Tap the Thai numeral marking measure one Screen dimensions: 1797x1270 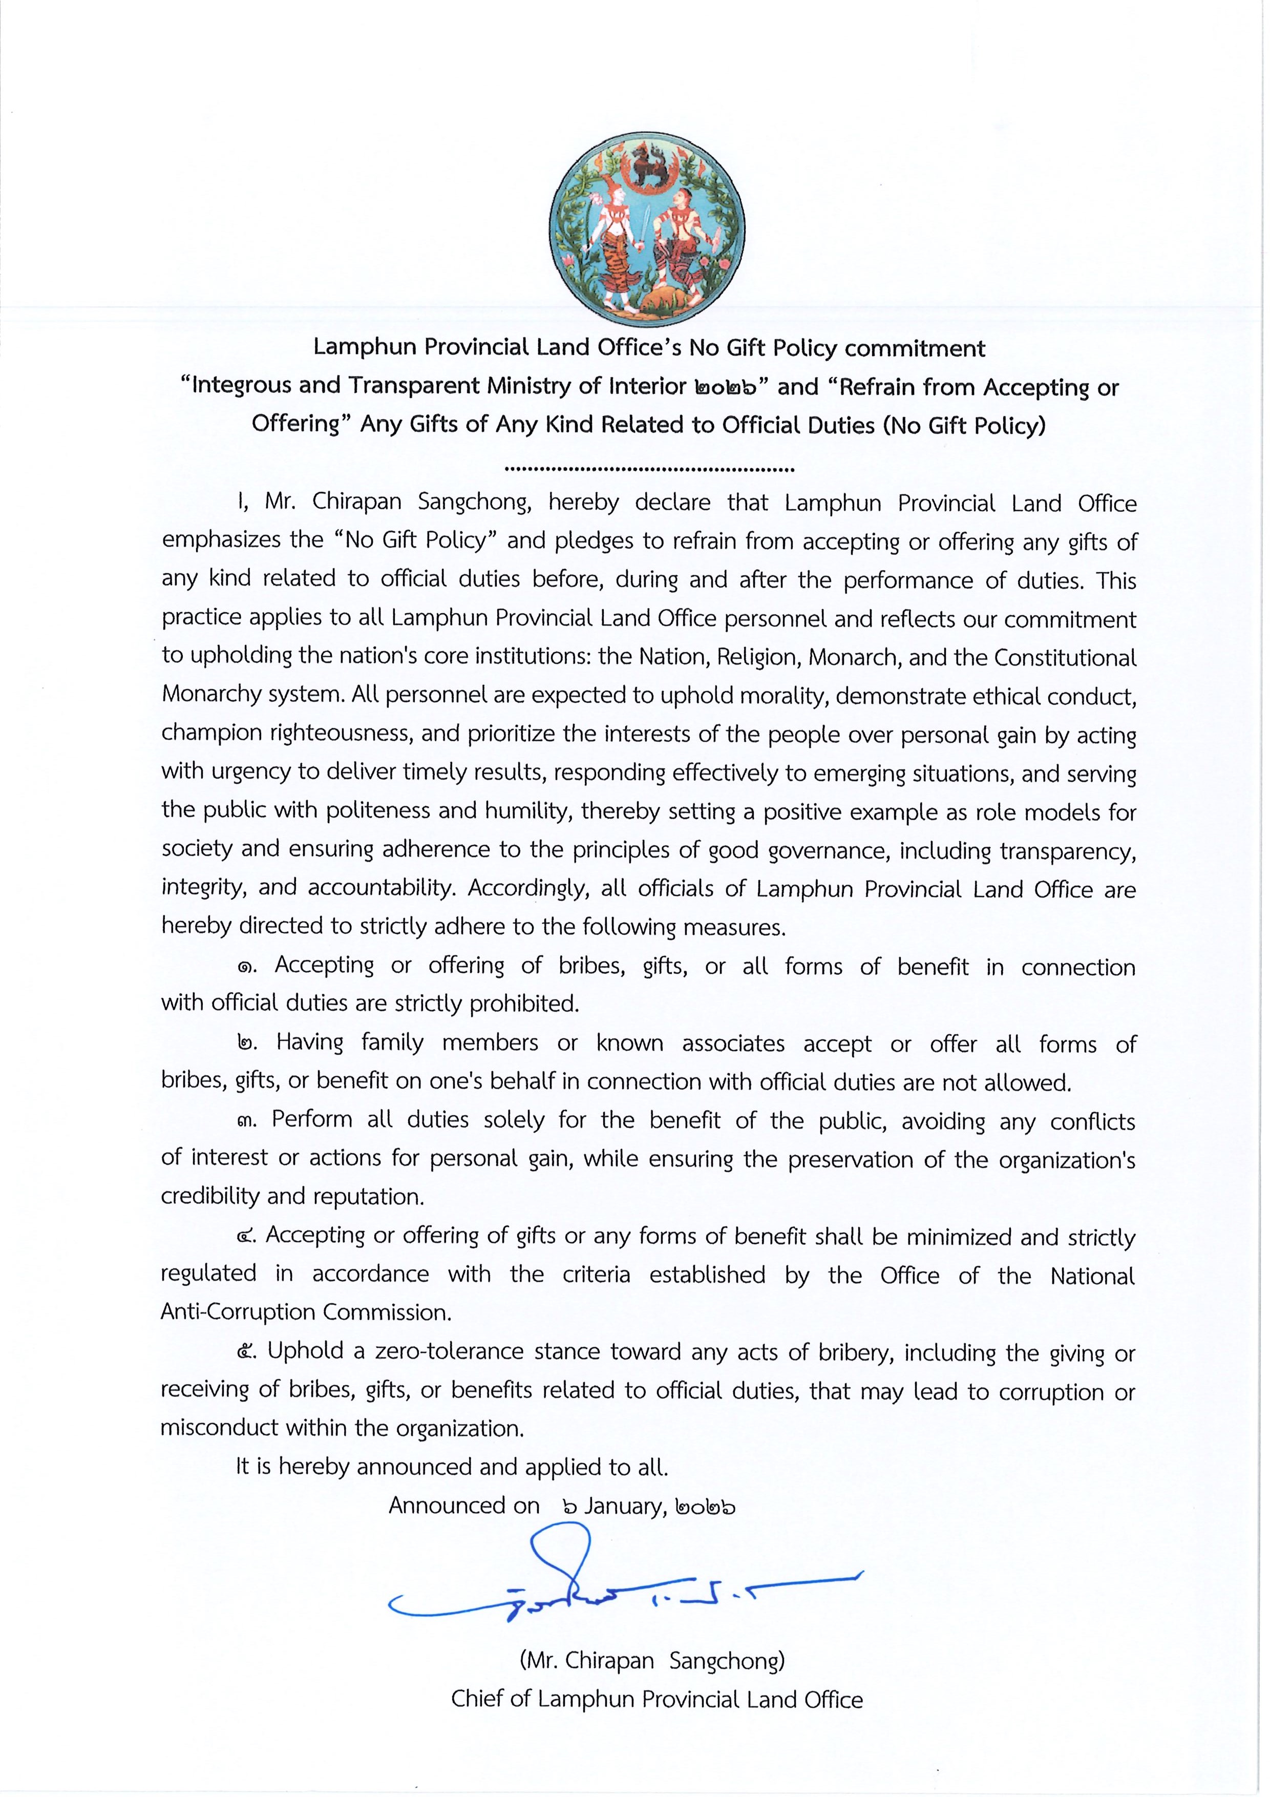[x=246, y=967]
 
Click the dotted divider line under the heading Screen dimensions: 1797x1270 [x=649, y=470]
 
